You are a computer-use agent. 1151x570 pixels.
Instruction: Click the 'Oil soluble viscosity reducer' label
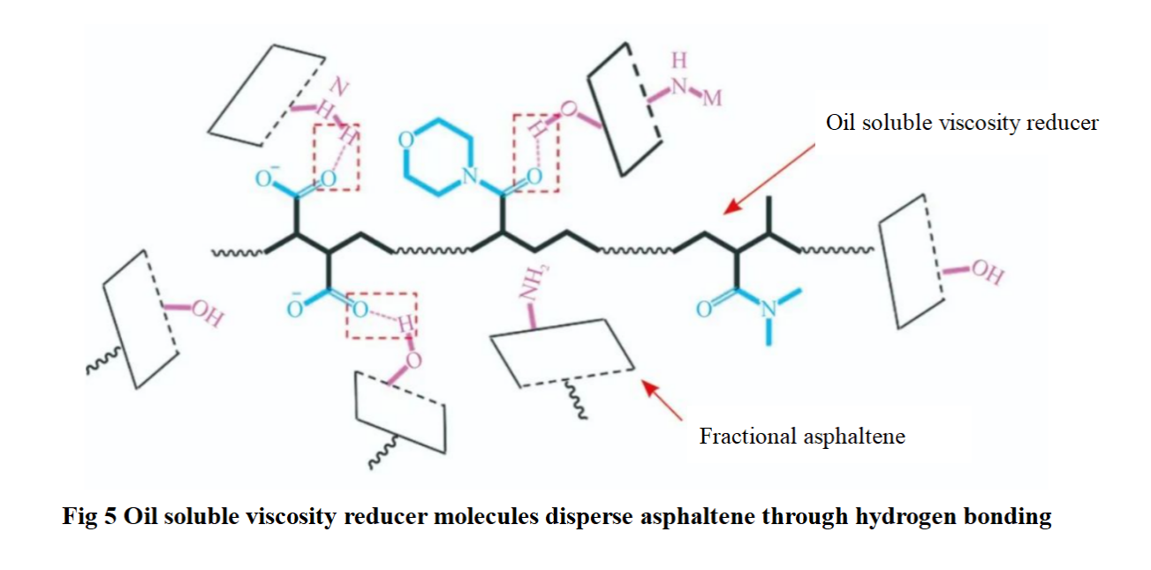click(x=962, y=123)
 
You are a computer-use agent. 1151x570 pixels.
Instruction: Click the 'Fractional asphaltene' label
click(x=802, y=436)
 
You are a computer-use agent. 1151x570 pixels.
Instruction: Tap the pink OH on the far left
click(x=205, y=312)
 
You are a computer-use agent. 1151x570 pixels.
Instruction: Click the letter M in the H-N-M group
click(x=712, y=98)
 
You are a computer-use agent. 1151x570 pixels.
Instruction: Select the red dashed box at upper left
click(x=337, y=156)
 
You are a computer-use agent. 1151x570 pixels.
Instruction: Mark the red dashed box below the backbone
click(x=380, y=315)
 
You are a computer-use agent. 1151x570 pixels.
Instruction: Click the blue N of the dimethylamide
click(x=769, y=309)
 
